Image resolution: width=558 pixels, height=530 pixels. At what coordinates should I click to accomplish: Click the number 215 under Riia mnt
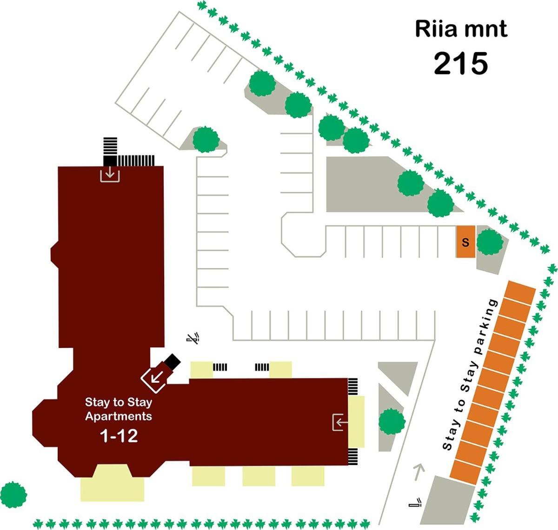tap(461, 64)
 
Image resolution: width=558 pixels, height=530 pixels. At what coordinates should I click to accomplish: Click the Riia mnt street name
tap(461, 29)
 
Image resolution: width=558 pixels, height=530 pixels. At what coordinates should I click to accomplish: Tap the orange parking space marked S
tap(465, 242)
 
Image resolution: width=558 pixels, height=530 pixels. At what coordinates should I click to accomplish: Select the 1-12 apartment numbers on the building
tap(119, 436)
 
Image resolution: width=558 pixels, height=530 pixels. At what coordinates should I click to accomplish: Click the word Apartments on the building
tap(119, 416)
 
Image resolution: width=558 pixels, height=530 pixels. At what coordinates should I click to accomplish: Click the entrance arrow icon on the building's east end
tap(340, 422)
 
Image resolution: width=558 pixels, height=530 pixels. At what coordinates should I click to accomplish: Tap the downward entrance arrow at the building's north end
tap(110, 174)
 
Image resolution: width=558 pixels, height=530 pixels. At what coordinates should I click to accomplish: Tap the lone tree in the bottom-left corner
tap(13, 495)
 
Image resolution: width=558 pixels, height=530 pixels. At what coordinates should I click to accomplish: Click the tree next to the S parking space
tap(490, 242)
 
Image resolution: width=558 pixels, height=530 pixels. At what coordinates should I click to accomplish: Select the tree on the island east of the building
tap(392, 421)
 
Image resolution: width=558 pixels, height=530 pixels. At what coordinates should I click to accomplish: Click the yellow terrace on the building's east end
tap(357, 422)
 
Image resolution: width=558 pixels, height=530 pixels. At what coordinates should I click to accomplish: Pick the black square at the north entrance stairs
tap(110, 161)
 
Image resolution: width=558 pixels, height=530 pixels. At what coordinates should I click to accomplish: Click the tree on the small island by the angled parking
tap(206, 139)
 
